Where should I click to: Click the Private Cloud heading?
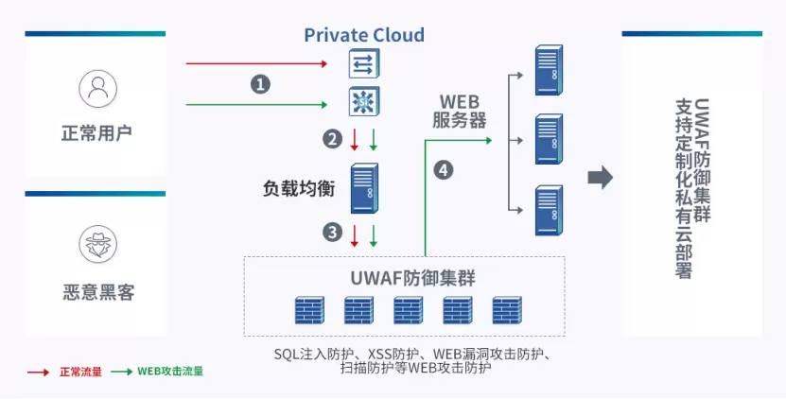click(x=364, y=36)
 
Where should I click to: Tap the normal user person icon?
click(x=97, y=89)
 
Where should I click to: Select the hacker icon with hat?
click(x=97, y=245)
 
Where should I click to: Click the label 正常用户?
click(x=97, y=132)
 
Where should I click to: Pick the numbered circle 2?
click(x=331, y=139)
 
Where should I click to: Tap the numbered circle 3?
click(x=331, y=232)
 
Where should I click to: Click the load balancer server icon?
click(x=364, y=188)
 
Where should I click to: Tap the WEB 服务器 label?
click(x=461, y=111)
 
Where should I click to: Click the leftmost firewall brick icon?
click(x=309, y=310)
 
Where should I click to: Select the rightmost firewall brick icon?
click(x=506, y=310)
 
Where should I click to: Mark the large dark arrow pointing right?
click(x=601, y=178)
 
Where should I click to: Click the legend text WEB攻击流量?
click(x=170, y=372)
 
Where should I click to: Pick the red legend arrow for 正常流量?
click(x=38, y=372)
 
